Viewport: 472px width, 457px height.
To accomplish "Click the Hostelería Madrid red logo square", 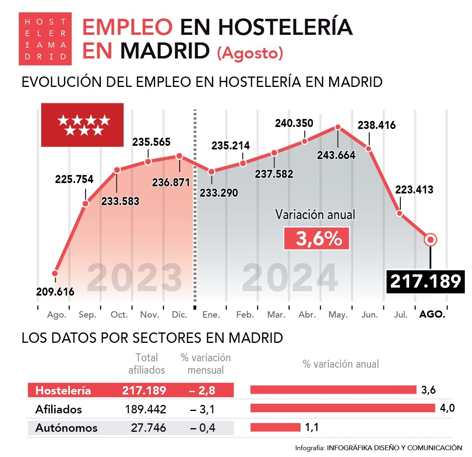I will [45, 39].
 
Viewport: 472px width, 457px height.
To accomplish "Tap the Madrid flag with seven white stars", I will [82, 125].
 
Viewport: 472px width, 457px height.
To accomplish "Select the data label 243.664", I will [336, 155].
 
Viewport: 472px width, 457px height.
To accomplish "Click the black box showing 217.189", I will [426, 281].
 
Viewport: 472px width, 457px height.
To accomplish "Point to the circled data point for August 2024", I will [430, 240].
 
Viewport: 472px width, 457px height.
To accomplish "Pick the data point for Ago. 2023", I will [55, 274].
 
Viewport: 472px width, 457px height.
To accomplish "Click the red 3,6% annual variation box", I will [317, 239].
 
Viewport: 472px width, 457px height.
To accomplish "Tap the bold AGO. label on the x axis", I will [432, 314].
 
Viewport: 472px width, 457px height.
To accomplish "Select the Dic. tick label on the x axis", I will [180, 315].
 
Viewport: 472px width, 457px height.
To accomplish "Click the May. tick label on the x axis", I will [338, 315].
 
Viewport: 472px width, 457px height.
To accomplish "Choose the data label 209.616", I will [55, 292].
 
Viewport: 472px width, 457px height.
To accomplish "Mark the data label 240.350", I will [294, 123].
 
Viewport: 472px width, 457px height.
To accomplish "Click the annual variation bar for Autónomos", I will [275, 427].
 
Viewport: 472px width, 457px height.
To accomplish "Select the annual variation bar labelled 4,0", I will [342, 408].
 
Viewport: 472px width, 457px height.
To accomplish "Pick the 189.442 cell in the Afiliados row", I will [145, 409].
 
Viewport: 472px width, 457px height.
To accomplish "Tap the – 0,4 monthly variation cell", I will [202, 428].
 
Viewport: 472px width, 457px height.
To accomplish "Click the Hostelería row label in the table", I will [63, 391].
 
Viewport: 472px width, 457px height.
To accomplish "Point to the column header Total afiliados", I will [146, 364].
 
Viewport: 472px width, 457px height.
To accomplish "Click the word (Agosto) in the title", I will [250, 53].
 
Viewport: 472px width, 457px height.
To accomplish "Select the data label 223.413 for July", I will [414, 190].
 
